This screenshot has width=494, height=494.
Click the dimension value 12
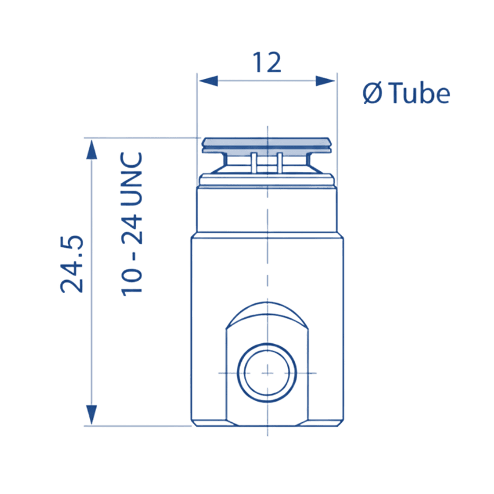point(267,63)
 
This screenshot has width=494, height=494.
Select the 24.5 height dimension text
point(72,264)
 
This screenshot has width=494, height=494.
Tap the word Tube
point(419,92)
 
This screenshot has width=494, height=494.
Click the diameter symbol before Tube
point(372,92)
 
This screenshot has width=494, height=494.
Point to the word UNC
point(132,179)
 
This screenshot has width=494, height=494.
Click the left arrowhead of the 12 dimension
point(208,81)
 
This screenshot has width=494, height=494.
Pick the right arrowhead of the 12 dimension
point(325,81)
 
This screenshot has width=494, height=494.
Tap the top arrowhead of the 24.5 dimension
point(91,149)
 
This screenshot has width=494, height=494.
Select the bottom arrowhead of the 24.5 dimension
point(91,414)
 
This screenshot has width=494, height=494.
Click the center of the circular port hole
point(267,373)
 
